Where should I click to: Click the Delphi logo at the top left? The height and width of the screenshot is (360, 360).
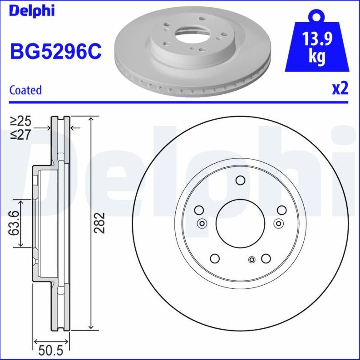click(x=31, y=10)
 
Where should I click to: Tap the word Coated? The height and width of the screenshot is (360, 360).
click(x=25, y=90)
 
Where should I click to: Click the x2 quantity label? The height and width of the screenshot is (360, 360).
click(x=340, y=88)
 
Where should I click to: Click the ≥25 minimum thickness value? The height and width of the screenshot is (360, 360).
click(x=20, y=121)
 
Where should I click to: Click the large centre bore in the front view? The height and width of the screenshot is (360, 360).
click(x=240, y=223)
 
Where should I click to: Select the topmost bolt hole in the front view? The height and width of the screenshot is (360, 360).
click(x=240, y=181)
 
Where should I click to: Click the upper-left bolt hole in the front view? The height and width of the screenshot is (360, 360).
click(x=198, y=210)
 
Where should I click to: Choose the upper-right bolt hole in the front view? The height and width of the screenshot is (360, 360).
click(x=281, y=210)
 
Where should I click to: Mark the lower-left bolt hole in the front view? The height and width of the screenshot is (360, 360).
click(x=215, y=258)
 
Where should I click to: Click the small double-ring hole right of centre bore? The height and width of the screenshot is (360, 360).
click(x=278, y=223)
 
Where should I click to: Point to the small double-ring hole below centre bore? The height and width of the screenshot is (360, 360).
click(x=252, y=259)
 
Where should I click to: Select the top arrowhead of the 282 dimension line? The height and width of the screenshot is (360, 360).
click(x=92, y=119)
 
